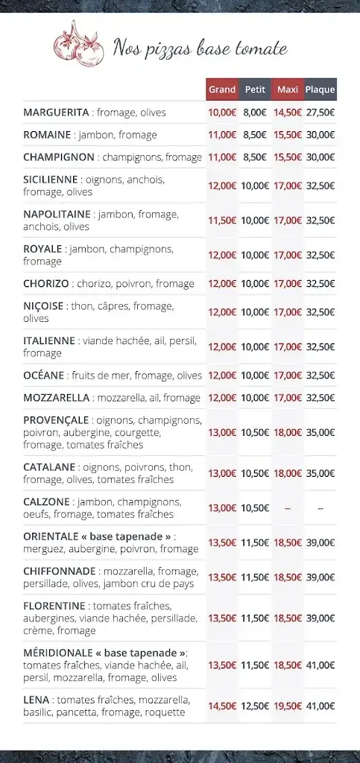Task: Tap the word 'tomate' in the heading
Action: tap(260, 50)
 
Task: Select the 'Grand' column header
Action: tap(222, 89)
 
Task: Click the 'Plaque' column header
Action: tap(320, 89)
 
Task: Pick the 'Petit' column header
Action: tap(255, 89)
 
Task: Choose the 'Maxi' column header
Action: tap(288, 89)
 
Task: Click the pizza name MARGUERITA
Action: tap(56, 113)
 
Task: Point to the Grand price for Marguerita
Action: tap(222, 113)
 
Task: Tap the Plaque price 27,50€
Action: tap(320, 113)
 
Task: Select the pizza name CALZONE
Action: tap(46, 501)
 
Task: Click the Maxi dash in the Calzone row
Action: tap(288, 508)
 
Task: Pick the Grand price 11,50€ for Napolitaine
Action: tap(222, 221)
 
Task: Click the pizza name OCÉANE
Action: tap(44, 376)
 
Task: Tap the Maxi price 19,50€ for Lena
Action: tap(288, 706)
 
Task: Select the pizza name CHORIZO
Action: tap(46, 284)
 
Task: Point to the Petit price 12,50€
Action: tap(255, 706)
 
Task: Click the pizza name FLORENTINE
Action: tap(54, 605)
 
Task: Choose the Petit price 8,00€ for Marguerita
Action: tap(255, 113)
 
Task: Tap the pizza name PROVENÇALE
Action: tap(56, 420)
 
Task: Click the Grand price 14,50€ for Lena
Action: tap(222, 706)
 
